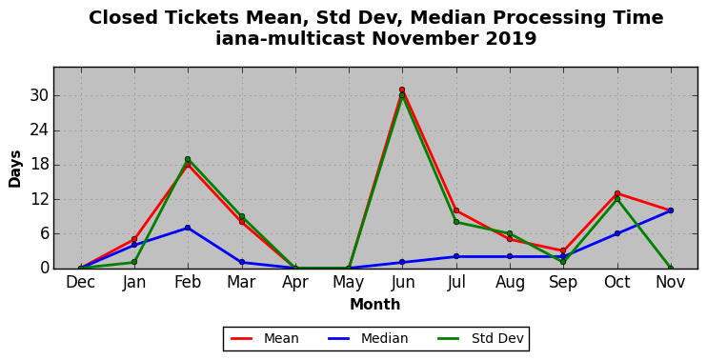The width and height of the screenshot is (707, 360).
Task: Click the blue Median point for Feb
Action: (188, 228)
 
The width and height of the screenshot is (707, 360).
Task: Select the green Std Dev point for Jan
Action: (134, 262)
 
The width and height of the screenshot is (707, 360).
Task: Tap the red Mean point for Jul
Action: (456, 210)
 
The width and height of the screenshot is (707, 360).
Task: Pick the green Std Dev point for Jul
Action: (456, 222)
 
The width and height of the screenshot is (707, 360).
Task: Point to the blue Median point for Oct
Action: (617, 233)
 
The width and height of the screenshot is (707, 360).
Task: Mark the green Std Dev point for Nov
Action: (671, 268)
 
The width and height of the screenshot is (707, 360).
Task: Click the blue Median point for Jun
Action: (402, 262)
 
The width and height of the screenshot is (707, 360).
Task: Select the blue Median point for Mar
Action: (242, 262)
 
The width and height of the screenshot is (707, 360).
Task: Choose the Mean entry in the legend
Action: (265, 338)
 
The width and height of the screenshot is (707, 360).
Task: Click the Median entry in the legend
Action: (368, 338)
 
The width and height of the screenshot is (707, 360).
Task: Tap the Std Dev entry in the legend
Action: (480, 338)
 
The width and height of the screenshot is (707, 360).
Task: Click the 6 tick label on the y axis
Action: (44, 234)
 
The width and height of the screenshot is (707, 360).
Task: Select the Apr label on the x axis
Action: (295, 283)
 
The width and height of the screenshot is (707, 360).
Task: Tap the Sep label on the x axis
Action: (563, 283)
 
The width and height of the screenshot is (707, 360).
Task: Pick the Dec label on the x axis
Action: (81, 283)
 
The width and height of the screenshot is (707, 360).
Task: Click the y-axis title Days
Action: (15, 169)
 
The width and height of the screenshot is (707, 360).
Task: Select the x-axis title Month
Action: (375, 305)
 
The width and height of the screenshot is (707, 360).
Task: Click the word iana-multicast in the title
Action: (290, 38)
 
